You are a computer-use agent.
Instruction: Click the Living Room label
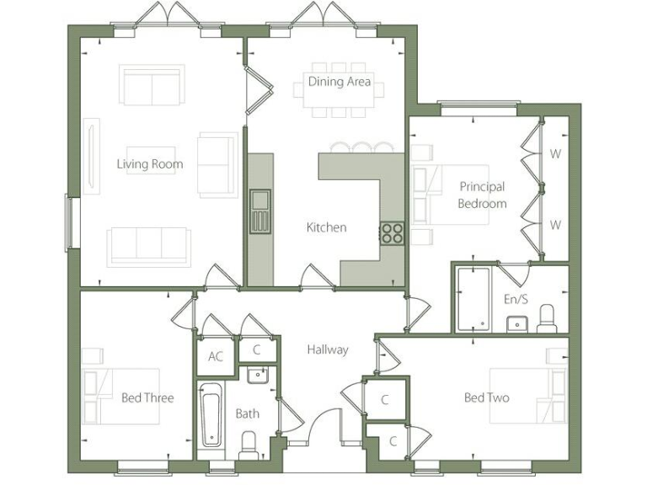click(x=149, y=164)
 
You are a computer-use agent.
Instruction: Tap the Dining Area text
click(x=339, y=83)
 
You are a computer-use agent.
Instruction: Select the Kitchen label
click(x=326, y=227)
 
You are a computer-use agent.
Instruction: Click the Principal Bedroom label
click(x=482, y=195)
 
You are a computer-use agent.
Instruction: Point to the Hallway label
click(x=327, y=349)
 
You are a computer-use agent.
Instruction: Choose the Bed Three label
click(x=147, y=397)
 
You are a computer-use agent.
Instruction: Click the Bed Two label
click(x=486, y=397)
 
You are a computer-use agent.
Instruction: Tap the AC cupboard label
click(x=216, y=357)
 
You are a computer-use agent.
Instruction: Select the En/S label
click(x=515, y=299)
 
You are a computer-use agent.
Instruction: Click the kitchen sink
click(x=259, y=211)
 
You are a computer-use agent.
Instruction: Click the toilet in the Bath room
click(x=249, y=444)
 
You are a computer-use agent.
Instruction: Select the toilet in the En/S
click(x=546, y=317)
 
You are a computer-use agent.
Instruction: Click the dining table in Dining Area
click(x=339, y=88)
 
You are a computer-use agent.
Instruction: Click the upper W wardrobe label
click(x=554, y=154)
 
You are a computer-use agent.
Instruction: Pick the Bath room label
click(x=247, y=413)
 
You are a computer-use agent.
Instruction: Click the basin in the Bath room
click(x=258, y=374)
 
